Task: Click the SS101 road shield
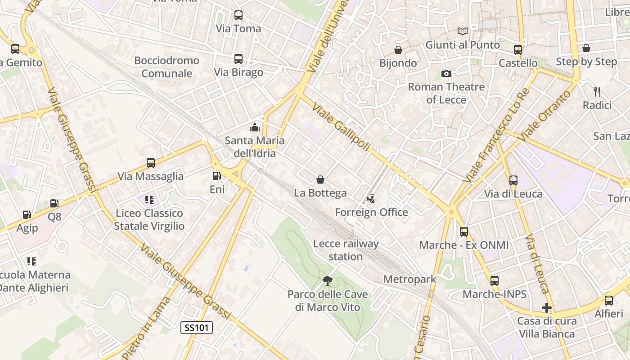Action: (x=197, y=328)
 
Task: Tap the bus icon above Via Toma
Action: (x=238, y=15)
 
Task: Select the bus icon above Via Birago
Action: (x=238, y=59)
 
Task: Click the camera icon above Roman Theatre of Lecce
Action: (x=446, y=73)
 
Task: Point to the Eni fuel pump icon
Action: (x=217, y=176)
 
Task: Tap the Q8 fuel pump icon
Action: (x=54, y=203)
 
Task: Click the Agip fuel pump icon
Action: (x=27, y=215)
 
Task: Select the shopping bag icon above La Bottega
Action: (x=320, y=180)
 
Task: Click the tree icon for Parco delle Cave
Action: (x=328, y=281)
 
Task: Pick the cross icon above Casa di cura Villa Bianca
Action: (x=547, y=308)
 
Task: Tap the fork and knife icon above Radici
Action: (x=597, y=92)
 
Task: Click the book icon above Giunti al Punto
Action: (x=463, y=31)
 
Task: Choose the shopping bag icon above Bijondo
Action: (x=398, y=49)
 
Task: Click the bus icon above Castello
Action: (x=518, y=50)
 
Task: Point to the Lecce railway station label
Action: (x=346, y=250)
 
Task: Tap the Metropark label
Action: (x=409, y=279)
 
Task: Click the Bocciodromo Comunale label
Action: (x=166, y=67)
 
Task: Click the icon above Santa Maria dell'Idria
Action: (x=255, y=127)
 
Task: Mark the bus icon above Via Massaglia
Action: (x=151, y=163)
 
